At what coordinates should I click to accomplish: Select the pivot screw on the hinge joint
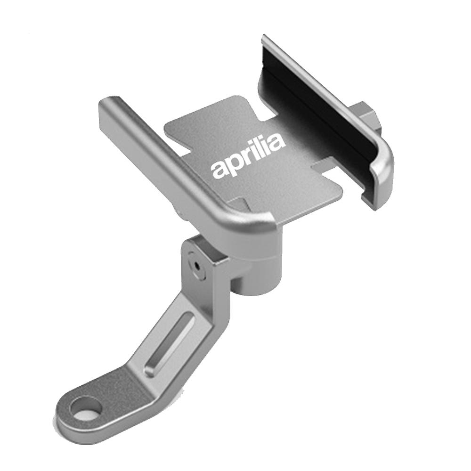point(197,266)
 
